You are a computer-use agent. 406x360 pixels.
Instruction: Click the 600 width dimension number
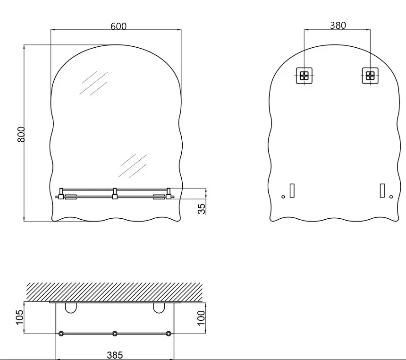point(118,26)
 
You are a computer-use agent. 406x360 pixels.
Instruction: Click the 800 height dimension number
point(21,134)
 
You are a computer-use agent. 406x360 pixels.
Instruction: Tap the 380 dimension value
point(338,26)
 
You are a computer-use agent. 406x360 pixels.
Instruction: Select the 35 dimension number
point(202,209)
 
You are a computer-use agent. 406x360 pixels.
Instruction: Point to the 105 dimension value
point(20,317)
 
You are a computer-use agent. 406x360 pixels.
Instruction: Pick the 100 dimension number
point(201,318)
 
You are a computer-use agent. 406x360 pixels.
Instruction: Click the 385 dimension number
point(115,355)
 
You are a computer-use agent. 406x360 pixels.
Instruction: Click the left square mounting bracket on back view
point(304,76)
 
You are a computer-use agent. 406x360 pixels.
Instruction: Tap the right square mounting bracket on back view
point(370,76)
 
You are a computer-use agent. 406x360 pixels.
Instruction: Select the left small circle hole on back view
point(283,197)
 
